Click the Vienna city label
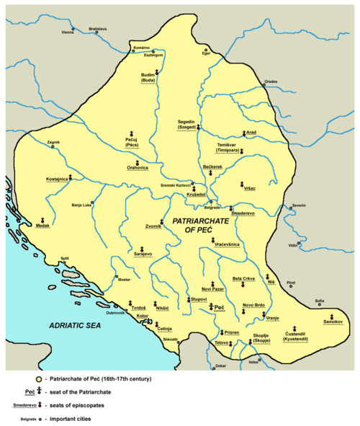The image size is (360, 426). (68, 32)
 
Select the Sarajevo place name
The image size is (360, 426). (143, 254)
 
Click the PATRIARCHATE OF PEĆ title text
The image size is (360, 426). (202, 223)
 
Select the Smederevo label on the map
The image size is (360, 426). (225, 213)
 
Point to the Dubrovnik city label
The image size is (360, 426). (116, 313)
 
